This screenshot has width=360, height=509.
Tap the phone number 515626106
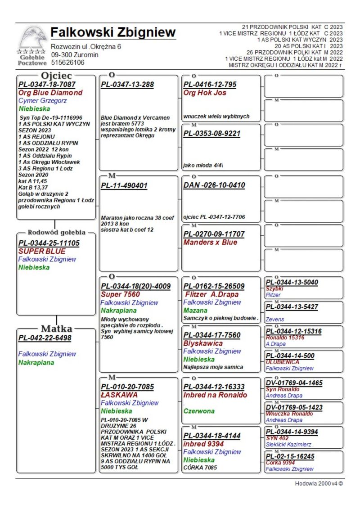[x=67, y=63]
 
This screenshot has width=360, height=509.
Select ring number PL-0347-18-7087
[x=47, y=84]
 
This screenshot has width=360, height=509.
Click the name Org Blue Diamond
[x=50, y=93]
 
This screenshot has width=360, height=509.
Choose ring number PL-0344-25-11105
[x=49, y=243]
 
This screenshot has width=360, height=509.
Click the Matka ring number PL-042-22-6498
[x=45, y=338]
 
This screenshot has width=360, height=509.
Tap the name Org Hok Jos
[x=205, y=93]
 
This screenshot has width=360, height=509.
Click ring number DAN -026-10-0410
[x=214, y=185]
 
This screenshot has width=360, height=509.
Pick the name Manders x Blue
[x=210, y=242]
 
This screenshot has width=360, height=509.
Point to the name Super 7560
[x=120, y=294]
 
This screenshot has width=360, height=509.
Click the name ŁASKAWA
[x=119, y=395]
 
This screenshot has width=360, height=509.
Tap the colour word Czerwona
[x=199, y=411]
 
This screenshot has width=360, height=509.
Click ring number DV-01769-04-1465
[x=294, y=383]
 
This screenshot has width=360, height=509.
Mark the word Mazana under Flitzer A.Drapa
[x=195, y=311]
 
